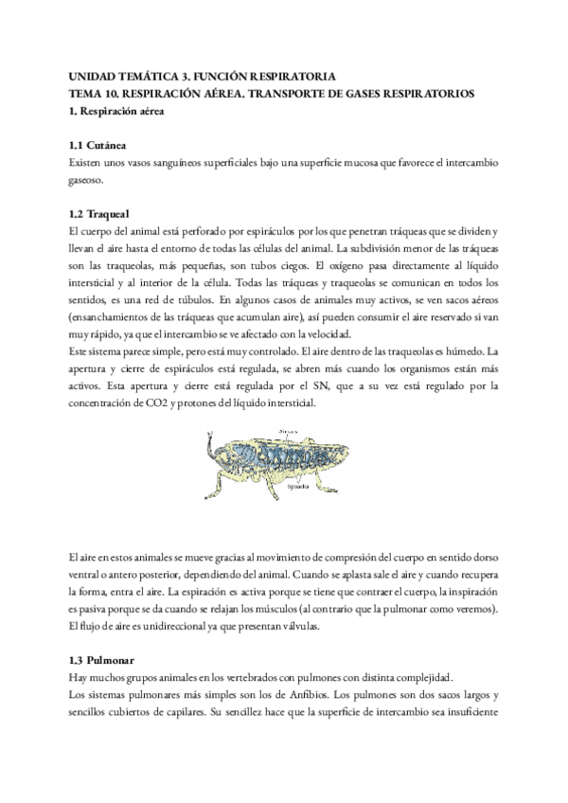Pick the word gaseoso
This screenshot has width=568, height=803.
click(x=90, y=180)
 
